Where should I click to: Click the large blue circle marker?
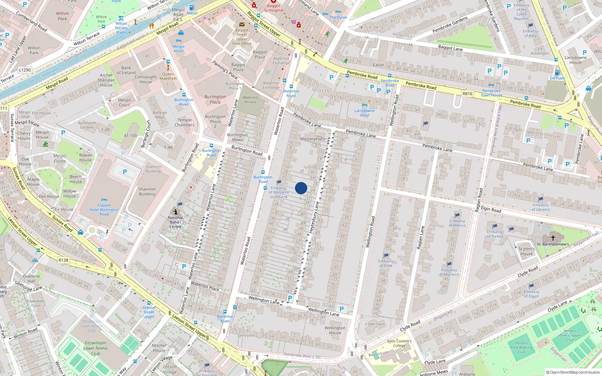tap(301, 188)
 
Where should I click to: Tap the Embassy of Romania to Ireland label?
tap(278, 192)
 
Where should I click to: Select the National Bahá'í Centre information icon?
tap(175, 212)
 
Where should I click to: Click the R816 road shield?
tap(467, 94)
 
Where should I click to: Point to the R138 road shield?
tap(64, 260)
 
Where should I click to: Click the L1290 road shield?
tap(25, 70)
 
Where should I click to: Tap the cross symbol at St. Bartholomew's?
tap(553, 238)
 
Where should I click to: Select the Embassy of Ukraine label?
tap(540, 207)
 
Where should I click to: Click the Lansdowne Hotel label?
tap(364, 113)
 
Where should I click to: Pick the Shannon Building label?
tap(147, 192)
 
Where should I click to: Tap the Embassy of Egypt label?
tap(531, 294)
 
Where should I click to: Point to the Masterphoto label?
tap(312, 139)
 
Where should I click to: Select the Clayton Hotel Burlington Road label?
tap(104, 210)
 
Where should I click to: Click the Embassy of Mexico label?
tap(457, 223)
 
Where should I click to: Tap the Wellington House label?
tap(335, 330)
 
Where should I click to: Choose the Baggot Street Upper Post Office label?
tap(242, 37)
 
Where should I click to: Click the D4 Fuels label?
tap(557, 78)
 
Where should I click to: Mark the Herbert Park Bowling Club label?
tap(521, 347)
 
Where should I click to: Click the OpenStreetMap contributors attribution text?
tap(573, 372)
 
